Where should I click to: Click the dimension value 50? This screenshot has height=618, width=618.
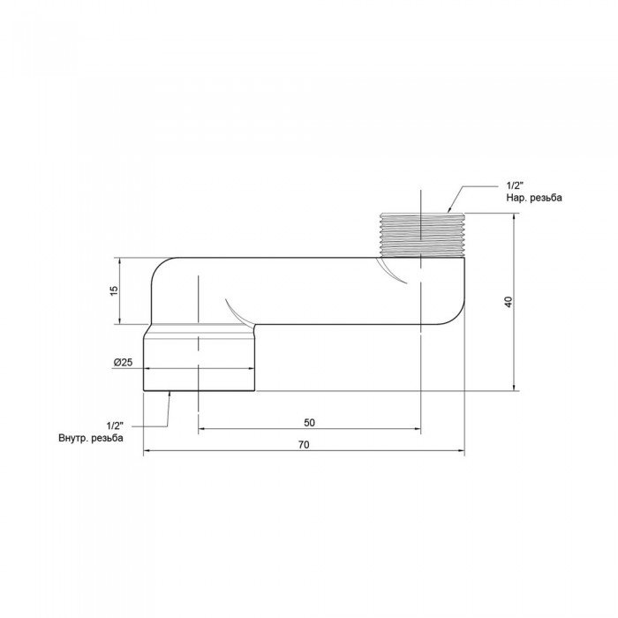click(309, 423)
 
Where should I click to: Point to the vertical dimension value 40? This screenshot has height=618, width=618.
click(508, 301)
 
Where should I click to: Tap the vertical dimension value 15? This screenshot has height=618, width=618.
click(115, 291)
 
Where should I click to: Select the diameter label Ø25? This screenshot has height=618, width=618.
click(123, 363)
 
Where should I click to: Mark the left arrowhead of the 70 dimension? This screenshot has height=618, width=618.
click(147, 451)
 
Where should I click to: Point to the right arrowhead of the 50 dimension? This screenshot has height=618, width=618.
click(416, 430)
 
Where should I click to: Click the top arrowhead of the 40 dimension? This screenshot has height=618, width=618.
click(515, 217)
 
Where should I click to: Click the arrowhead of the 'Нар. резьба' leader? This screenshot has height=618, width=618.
click(449, 212)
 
